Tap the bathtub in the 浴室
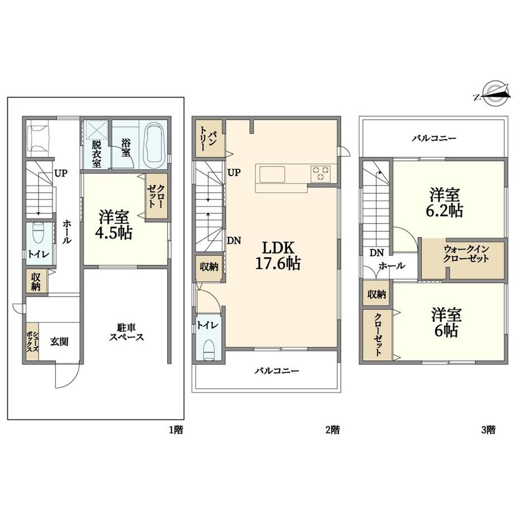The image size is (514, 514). pyautogui.click(x=154, y=145)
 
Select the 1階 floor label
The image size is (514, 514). pyautogui.click(x=175, y=430)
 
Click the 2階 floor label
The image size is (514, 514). pyautogui.click(x=332, y=430)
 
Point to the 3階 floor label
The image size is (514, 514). pyautogui.click(x=488, y=430)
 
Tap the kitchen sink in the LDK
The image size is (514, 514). pyautogui.click(x=272, y=174)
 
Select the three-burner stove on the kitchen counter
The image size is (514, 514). pyautogui.click(x=321, y=173)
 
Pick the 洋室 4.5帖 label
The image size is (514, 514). pyautogui.click(x=114, y=225)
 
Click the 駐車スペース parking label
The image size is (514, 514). pyautogui.click(x=126, y=332)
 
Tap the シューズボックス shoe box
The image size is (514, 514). pyautogui.click(x=32, y=341)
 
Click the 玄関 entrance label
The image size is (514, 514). pyautogui.click(x=60, y=341)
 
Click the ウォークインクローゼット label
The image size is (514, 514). pyautogui.click(x=466, y=254)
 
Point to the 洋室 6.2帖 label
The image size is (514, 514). pyautogui.click(x=445, y=203)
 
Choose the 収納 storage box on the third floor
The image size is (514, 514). pyautogui.click(x=376, y=294)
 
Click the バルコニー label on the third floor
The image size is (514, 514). pyautogui.click(x=434, y=139)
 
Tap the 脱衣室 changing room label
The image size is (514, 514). pyautogui.click(x=96, y=154)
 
